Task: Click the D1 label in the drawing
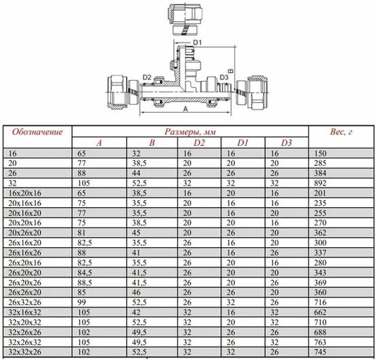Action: (x=197, y=43)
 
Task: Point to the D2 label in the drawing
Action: (x=147, y=77)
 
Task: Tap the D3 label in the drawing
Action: (x=224, y=77)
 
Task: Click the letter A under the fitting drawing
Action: (x=186, y=109)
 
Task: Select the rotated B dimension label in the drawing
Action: (x=230, y=71)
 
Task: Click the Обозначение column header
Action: (x=37, y=132)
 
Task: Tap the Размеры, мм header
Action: (x=190, y=132)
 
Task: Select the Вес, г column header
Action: (x=341, y=132)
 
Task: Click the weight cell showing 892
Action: (x=320, y=183)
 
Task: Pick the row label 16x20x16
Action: (x=24, y=193)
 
